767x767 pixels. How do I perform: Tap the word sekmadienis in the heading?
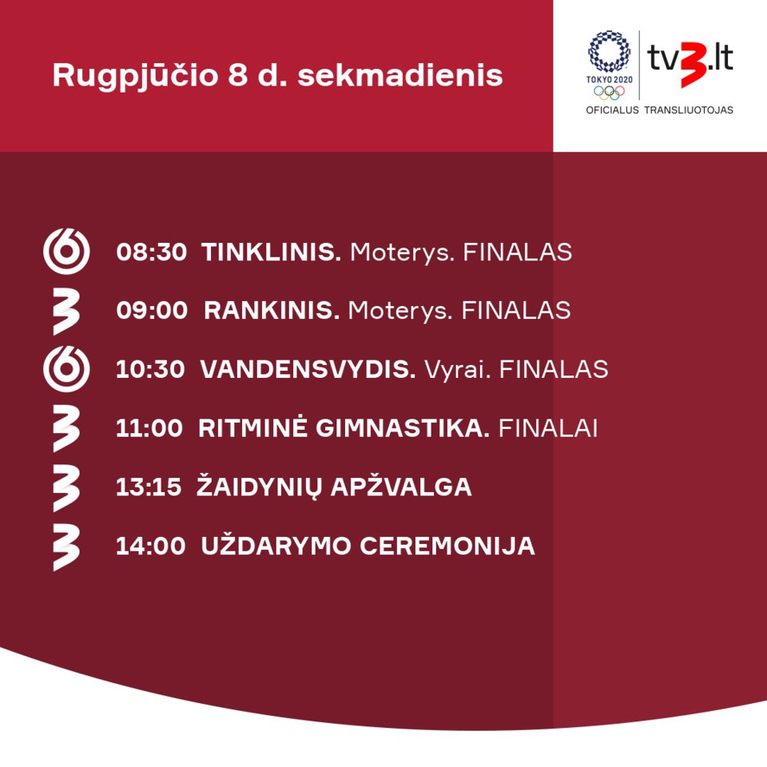pos(400,75)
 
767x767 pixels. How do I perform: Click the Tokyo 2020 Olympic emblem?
pos(609,65)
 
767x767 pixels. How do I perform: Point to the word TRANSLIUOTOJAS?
pos(688,110)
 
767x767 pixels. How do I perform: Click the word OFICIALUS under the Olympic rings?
pos(613,110)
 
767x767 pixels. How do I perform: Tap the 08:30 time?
pos(152,252)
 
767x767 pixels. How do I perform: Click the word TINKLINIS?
pos(271,252)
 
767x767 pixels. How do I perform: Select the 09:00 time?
pos(152,311)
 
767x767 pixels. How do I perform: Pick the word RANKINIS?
pos(272,311)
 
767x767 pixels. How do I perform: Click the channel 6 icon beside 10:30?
pos(66,369)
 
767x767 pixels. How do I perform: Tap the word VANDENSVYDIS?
pos(308,369)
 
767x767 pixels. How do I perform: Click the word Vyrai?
pos(457,370)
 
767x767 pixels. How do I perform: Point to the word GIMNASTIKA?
pos(402,428)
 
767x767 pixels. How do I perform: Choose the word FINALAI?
pos(548,428)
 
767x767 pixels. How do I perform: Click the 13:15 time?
pos(149,487)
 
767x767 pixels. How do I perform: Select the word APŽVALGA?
pos(401,486)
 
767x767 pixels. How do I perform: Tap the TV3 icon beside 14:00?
pos(66,547)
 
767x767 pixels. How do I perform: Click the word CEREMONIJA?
pos(447,546)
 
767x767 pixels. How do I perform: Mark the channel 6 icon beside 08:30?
pos(66,251)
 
